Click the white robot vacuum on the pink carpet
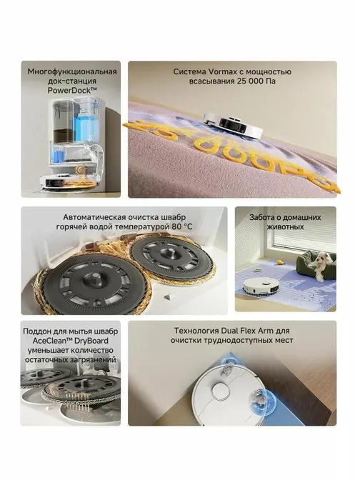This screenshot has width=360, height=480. tap(234, 124)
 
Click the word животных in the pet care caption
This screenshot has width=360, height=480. tap(285, 227)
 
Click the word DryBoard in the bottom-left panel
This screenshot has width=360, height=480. tap(94, 341)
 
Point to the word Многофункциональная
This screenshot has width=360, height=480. tap(72, 72)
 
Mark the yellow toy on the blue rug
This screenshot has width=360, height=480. tap(279, 262)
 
